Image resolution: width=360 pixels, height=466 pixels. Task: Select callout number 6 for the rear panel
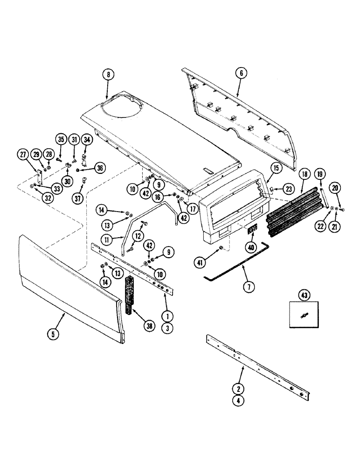click(x=241, y=73)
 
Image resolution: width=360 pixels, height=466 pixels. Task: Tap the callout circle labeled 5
click(x=54, y=334)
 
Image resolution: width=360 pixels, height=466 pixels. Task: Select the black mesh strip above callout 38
click(x=129, y=289)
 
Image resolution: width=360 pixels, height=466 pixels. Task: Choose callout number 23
click(x=290, y=189)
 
